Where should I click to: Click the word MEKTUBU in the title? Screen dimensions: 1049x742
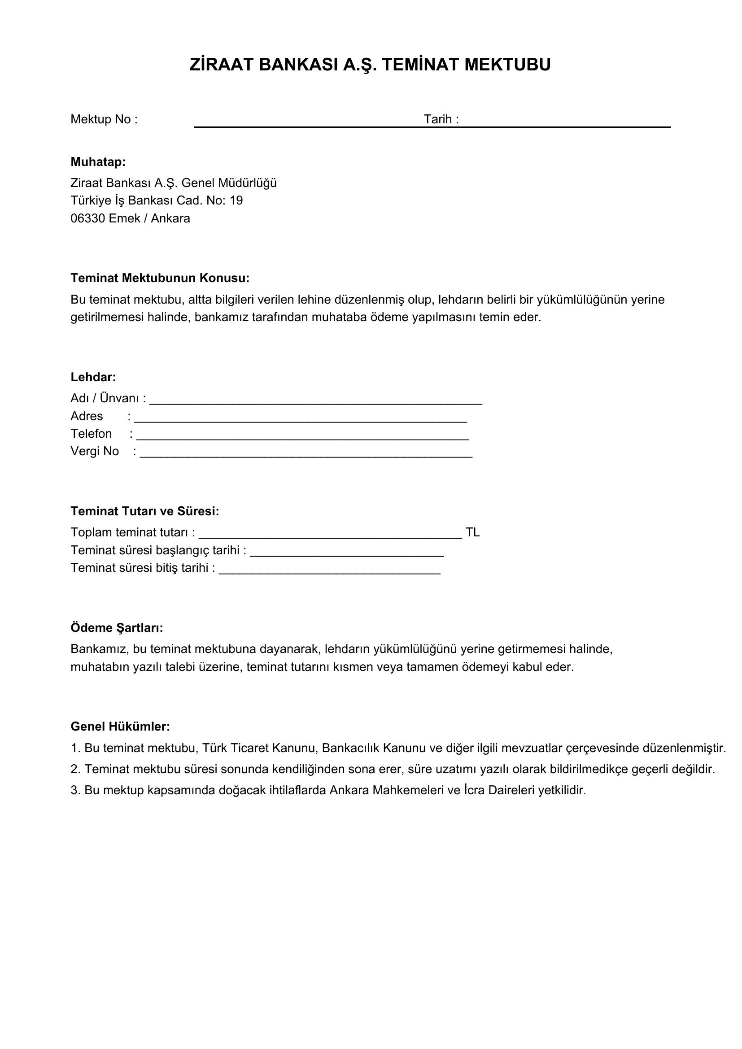coord(507,65)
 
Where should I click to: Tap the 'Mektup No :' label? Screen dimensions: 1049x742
coord(104,120)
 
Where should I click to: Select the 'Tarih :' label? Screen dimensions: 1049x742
coord(441,120)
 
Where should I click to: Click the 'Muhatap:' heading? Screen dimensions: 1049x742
coord(98,162)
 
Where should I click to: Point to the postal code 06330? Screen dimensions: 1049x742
coord(88,219)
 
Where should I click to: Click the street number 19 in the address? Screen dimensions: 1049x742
coord(236,201)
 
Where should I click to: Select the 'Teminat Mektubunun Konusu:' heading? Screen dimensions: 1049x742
coord(160,278)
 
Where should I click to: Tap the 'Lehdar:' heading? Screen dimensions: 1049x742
coord(93,377)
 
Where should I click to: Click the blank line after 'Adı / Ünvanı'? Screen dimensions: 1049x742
coord(316,402)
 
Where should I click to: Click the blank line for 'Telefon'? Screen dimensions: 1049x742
coord(302,437)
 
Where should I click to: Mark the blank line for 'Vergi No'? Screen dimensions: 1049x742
coord(306,455)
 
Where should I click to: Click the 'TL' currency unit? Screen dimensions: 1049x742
coord(472,533)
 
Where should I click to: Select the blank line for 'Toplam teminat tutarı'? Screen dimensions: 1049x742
coord(330,536)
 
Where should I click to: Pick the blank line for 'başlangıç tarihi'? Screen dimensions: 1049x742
coord(347,554)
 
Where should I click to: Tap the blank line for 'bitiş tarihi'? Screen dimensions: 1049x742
coord(329,571)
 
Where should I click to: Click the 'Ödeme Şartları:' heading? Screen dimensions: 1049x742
coord(117,628)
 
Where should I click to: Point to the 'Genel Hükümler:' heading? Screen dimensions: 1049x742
coord(120,727)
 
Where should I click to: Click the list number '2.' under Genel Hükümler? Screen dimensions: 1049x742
coord(75,770)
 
